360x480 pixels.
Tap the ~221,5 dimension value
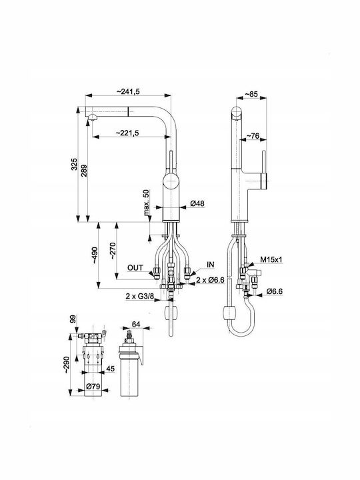tap(127, 133)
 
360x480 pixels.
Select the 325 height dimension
tap(74, 165)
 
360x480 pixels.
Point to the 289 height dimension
tap(84, 171)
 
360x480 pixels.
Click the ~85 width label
tap(251, 94)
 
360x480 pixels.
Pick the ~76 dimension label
tap(253, 135)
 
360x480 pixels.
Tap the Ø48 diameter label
tap(197, 203)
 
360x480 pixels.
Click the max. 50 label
tap(146, 203)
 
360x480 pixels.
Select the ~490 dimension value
tap(95, 255)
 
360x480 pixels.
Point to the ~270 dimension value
tap(113, 251)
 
